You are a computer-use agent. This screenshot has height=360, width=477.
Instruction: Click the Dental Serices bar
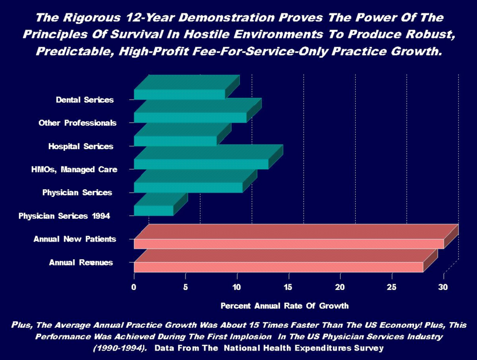(179, 94)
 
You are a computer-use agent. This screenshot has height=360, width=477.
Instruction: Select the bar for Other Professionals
(190, 117)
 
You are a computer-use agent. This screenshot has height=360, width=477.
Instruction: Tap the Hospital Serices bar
(175, 141)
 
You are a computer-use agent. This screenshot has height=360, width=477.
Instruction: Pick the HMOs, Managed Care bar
(201, 164)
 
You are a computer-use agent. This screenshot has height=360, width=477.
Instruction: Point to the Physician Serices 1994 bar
(153, 210)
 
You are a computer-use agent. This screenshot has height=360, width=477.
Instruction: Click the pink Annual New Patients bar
(288, 244)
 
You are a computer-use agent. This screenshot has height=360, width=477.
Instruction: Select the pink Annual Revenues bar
(278, 267)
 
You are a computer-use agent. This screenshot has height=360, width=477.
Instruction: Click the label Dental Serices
(85, 100)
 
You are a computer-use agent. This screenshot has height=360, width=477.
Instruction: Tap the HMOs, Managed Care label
(74, 169)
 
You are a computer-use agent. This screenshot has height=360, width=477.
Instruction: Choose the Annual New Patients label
(75, 239)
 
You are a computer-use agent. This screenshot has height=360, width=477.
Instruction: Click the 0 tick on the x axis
(134, 287)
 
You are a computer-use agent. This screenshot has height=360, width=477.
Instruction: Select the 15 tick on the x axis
(288, 287)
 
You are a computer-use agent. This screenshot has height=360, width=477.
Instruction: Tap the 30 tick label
(443, 287)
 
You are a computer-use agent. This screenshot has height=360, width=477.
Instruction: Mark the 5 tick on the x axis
(185, 287)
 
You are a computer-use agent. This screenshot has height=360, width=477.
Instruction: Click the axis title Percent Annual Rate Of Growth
(284, 305)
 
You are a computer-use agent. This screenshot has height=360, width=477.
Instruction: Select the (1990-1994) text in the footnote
(116, 348)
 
